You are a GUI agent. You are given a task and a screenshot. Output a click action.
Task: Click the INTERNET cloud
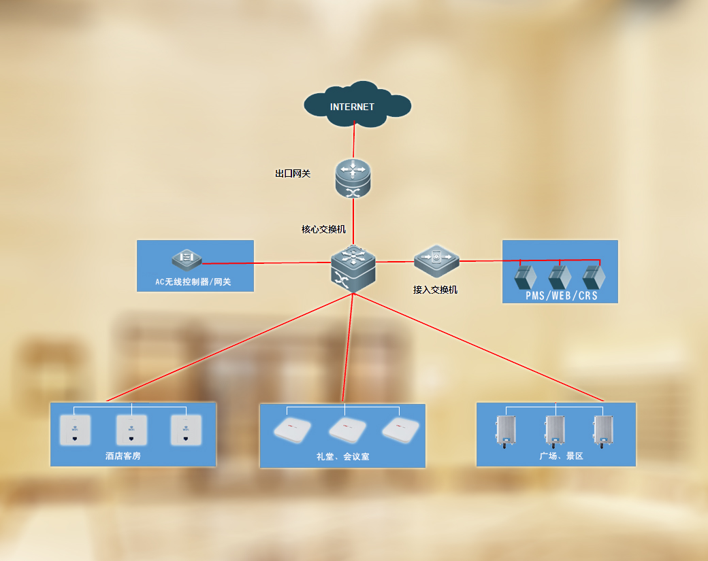[x=356, y=106]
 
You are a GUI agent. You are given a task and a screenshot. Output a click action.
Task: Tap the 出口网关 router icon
[x=353, y=179]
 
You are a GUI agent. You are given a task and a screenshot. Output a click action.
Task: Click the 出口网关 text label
[x=293, y=174]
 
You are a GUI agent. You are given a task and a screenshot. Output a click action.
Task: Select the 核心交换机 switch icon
[x=353, y=269]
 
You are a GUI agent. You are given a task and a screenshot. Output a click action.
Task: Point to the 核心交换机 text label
[x=323, y=230]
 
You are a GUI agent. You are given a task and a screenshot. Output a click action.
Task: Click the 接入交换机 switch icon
[x=436, y=260]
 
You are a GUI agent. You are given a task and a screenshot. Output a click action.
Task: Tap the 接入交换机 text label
[x=435, y=290]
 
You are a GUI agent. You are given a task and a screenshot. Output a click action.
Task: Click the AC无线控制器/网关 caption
[x=193, y=282]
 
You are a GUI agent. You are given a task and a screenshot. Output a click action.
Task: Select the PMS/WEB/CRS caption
[x=561, y=296]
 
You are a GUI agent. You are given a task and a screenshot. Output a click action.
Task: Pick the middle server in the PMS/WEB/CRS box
[x=560, y=277]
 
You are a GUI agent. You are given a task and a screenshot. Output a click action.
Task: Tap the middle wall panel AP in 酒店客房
[x=131, y=430]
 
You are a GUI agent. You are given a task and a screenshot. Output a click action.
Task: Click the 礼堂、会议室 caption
[x=343, y=457]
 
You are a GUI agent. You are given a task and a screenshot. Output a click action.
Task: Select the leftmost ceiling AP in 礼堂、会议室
[x=292, y=430]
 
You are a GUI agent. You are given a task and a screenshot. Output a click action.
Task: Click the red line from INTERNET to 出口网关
[x=355, y=143]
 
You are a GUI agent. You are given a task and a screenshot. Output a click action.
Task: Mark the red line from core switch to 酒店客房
[x=225, y=348]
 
